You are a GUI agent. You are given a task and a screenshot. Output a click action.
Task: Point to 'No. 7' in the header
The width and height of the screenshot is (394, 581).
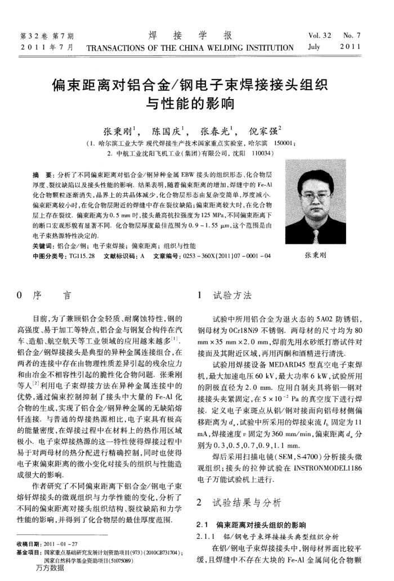(x=352, y=36)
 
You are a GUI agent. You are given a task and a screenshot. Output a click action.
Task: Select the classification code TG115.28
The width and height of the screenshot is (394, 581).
(x=82, y=255)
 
